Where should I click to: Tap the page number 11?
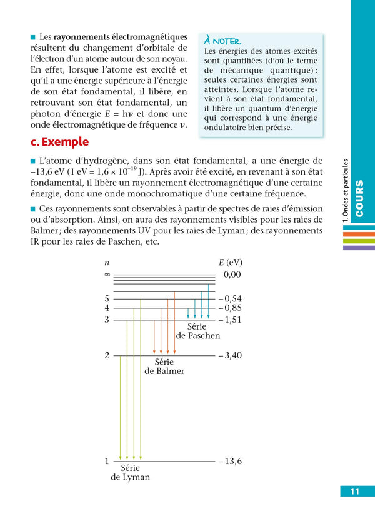[354, 492]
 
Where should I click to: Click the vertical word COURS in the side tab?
[359, 199]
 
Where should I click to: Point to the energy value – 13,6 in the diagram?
[230, 462]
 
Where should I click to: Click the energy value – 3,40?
[230, 356]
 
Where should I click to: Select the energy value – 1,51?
[230, 320]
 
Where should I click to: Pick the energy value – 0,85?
[230, 308]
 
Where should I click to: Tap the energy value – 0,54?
[230, 298]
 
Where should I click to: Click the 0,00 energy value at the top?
[232, 275]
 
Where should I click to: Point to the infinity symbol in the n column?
[107, 275]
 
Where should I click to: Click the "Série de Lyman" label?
[130, 472]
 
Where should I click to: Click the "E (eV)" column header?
[230, 262]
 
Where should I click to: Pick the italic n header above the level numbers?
[107, 263]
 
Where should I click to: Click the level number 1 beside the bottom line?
[107, 462]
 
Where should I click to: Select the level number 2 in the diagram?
[107, 356]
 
